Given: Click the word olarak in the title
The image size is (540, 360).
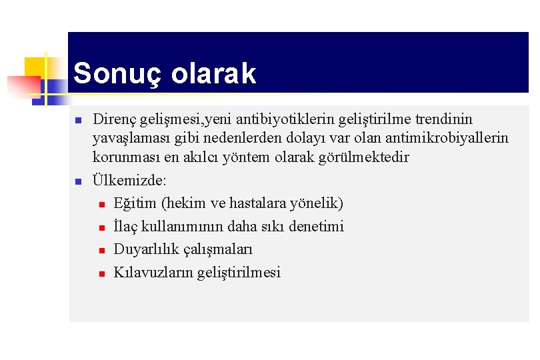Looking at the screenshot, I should (x=213, y=74).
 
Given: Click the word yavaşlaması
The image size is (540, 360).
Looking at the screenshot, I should (x=127, y=138).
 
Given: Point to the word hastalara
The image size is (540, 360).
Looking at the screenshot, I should (x=259, y=203).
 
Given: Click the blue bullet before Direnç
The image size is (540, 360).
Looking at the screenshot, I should (x=78, y=121).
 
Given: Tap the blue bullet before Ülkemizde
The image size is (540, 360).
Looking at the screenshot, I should (x=78, y=182).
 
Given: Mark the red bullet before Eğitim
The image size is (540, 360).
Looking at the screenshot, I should (x=101, y=205).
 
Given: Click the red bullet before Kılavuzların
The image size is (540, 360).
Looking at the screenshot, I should (x=101, y=273).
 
